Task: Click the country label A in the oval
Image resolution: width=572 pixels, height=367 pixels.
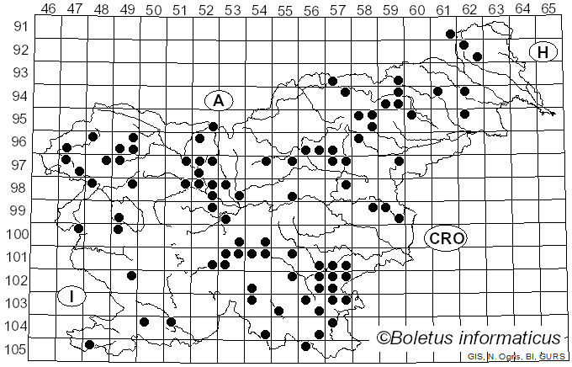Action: click(x=218, y=101)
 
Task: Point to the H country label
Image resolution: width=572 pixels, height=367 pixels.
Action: click(x=543, y=52)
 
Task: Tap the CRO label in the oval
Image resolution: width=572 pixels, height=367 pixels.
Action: click(x=445, y=239)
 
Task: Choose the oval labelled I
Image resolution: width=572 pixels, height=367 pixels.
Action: click(x=73, y=296)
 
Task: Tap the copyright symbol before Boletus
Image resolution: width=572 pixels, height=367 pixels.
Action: click(x=384, y=338)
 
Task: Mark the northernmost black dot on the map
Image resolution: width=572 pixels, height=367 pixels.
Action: click(x=450, y=34)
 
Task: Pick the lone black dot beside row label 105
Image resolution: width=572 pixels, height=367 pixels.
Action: click(x=89, y=344)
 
